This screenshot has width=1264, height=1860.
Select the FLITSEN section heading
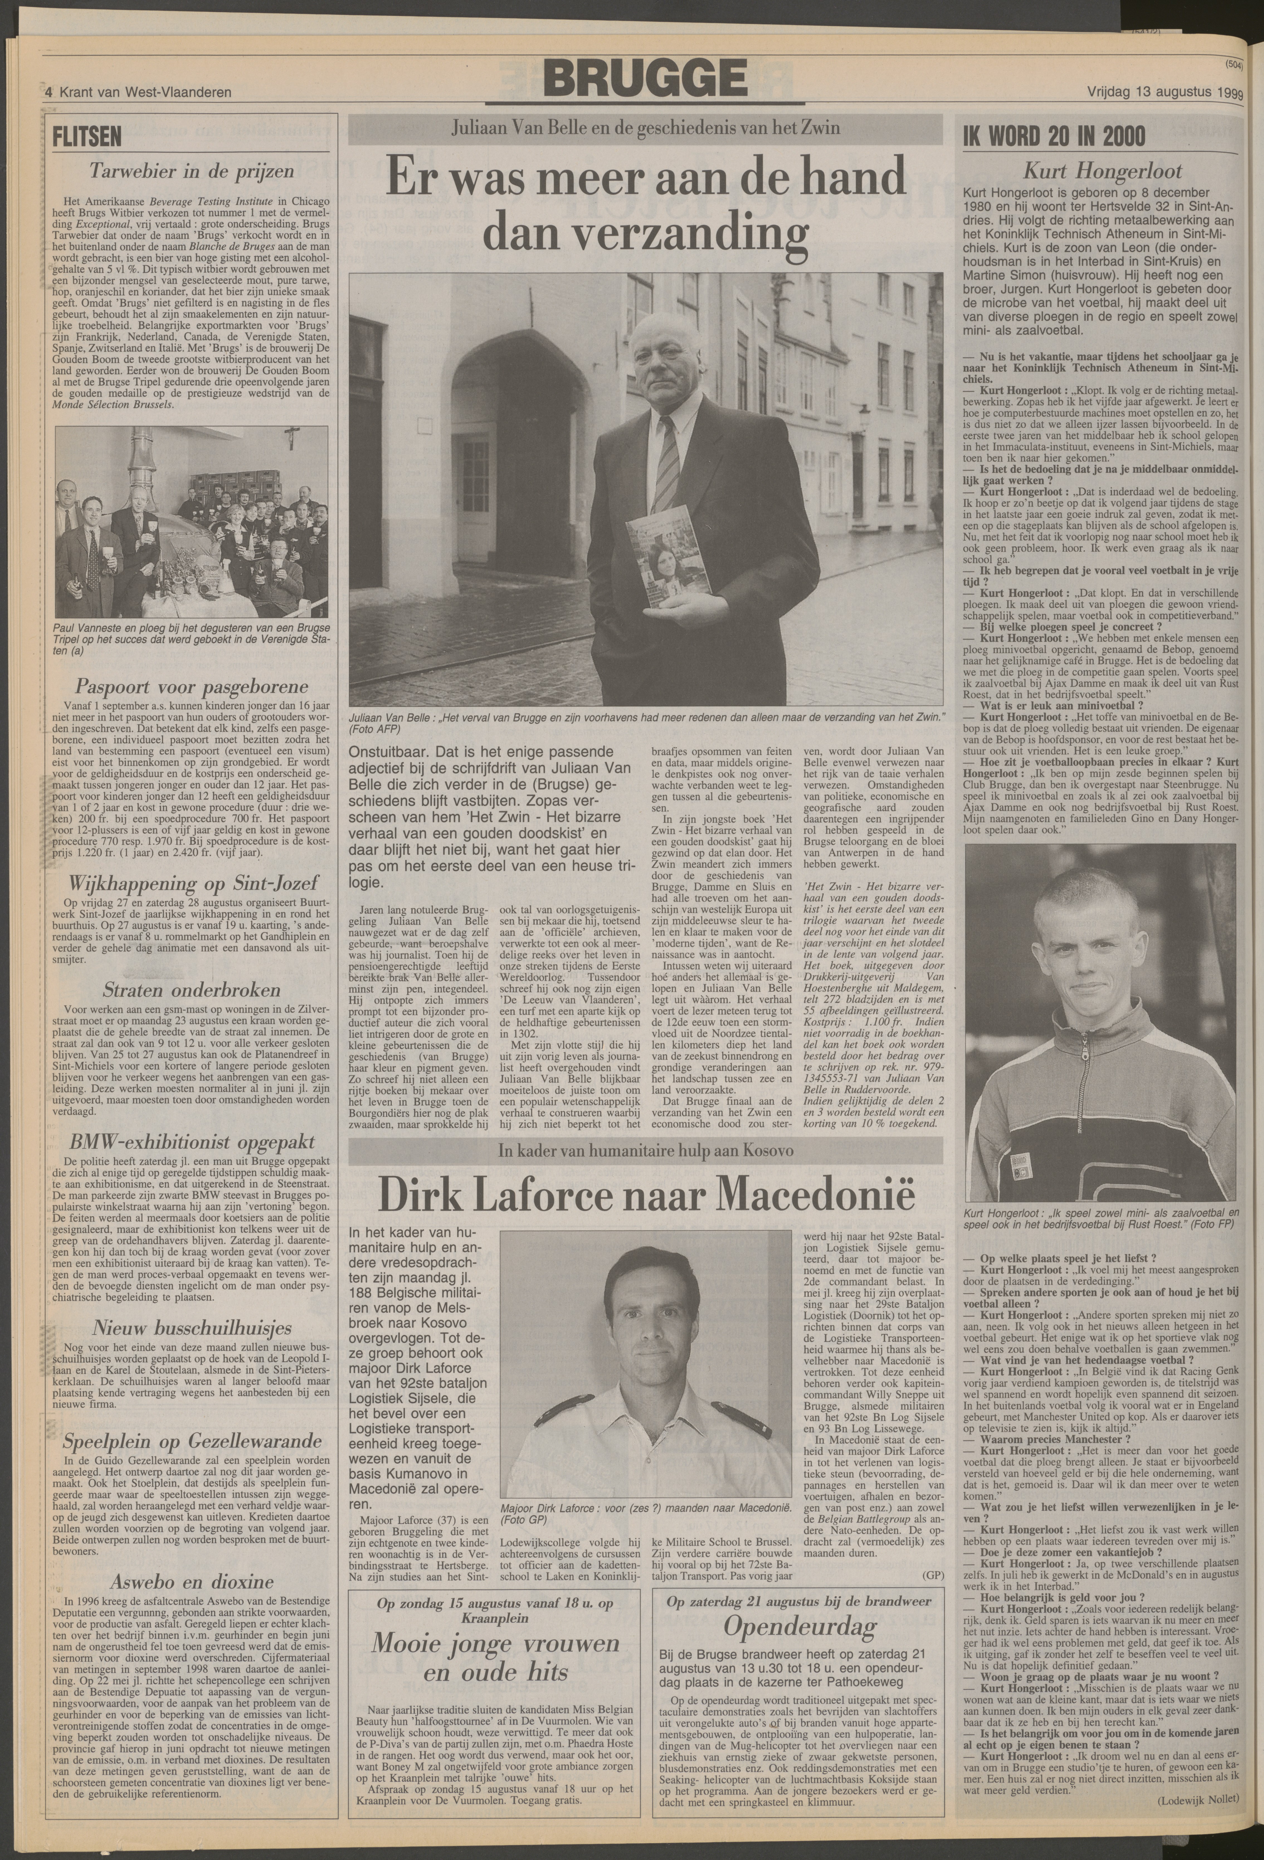[86, 136]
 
